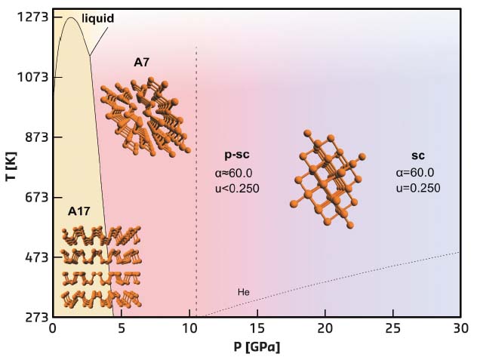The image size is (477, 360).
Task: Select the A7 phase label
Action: click(x=142, y=63)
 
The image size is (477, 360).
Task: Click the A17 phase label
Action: click(x=79, y=211)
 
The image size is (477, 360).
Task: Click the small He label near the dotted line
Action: click(x=243, y=291)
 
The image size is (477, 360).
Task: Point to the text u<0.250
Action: click(x=237, y=189)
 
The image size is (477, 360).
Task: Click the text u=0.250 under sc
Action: click(x=417, y=189)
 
